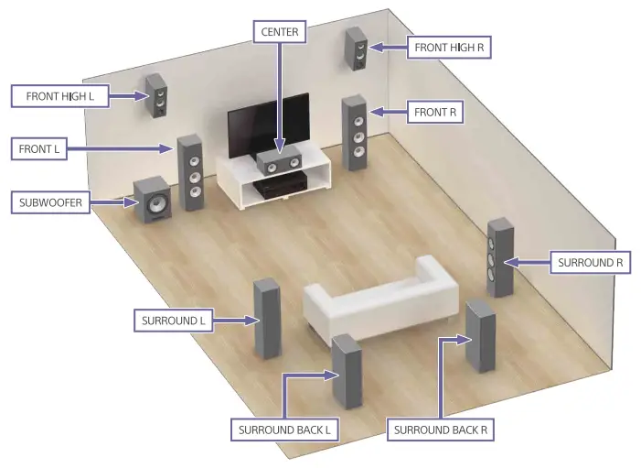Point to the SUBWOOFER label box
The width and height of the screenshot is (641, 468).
51,202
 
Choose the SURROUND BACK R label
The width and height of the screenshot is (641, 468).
440,429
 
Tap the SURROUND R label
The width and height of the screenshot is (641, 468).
590,262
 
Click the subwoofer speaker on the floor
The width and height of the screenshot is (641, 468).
153,202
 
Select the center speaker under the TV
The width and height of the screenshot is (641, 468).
279,165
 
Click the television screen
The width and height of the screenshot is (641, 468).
268,127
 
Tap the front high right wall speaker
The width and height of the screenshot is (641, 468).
356,49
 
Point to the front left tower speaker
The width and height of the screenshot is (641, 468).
190,172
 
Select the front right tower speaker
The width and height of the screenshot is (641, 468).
355,132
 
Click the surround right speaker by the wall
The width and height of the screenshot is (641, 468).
499,258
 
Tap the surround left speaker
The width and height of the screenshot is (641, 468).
265,318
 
